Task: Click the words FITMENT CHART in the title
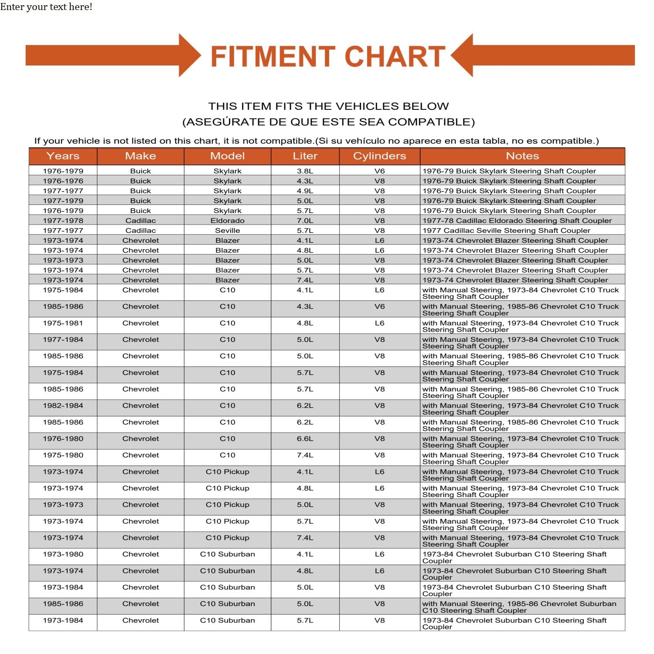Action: [x=328, y=57]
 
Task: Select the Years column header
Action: [x=63, y=156]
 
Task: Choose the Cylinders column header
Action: [x=379, y=156]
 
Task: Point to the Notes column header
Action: [x=522, y=156]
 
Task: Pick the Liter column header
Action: [x=305, y=156]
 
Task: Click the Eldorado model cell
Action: [x=227, y=221]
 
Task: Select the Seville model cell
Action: [x=227, y=231]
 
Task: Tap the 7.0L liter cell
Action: [x=305, y=221]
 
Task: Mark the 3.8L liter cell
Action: [x=305, y=171]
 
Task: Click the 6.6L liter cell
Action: [x=305, y=439]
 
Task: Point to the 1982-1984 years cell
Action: [x=63, y=405]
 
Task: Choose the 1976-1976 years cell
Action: [x=63, y=181]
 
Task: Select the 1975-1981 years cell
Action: [x=63, y=323]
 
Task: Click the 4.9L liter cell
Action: [x=305, y=191]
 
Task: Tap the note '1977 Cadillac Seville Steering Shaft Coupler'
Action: [x=506, y=231]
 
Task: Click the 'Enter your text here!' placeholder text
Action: [x=46, y=7]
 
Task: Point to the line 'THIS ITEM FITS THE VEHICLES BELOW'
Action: [x=328, y=106]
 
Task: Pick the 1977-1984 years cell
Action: [x=63, y=340]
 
